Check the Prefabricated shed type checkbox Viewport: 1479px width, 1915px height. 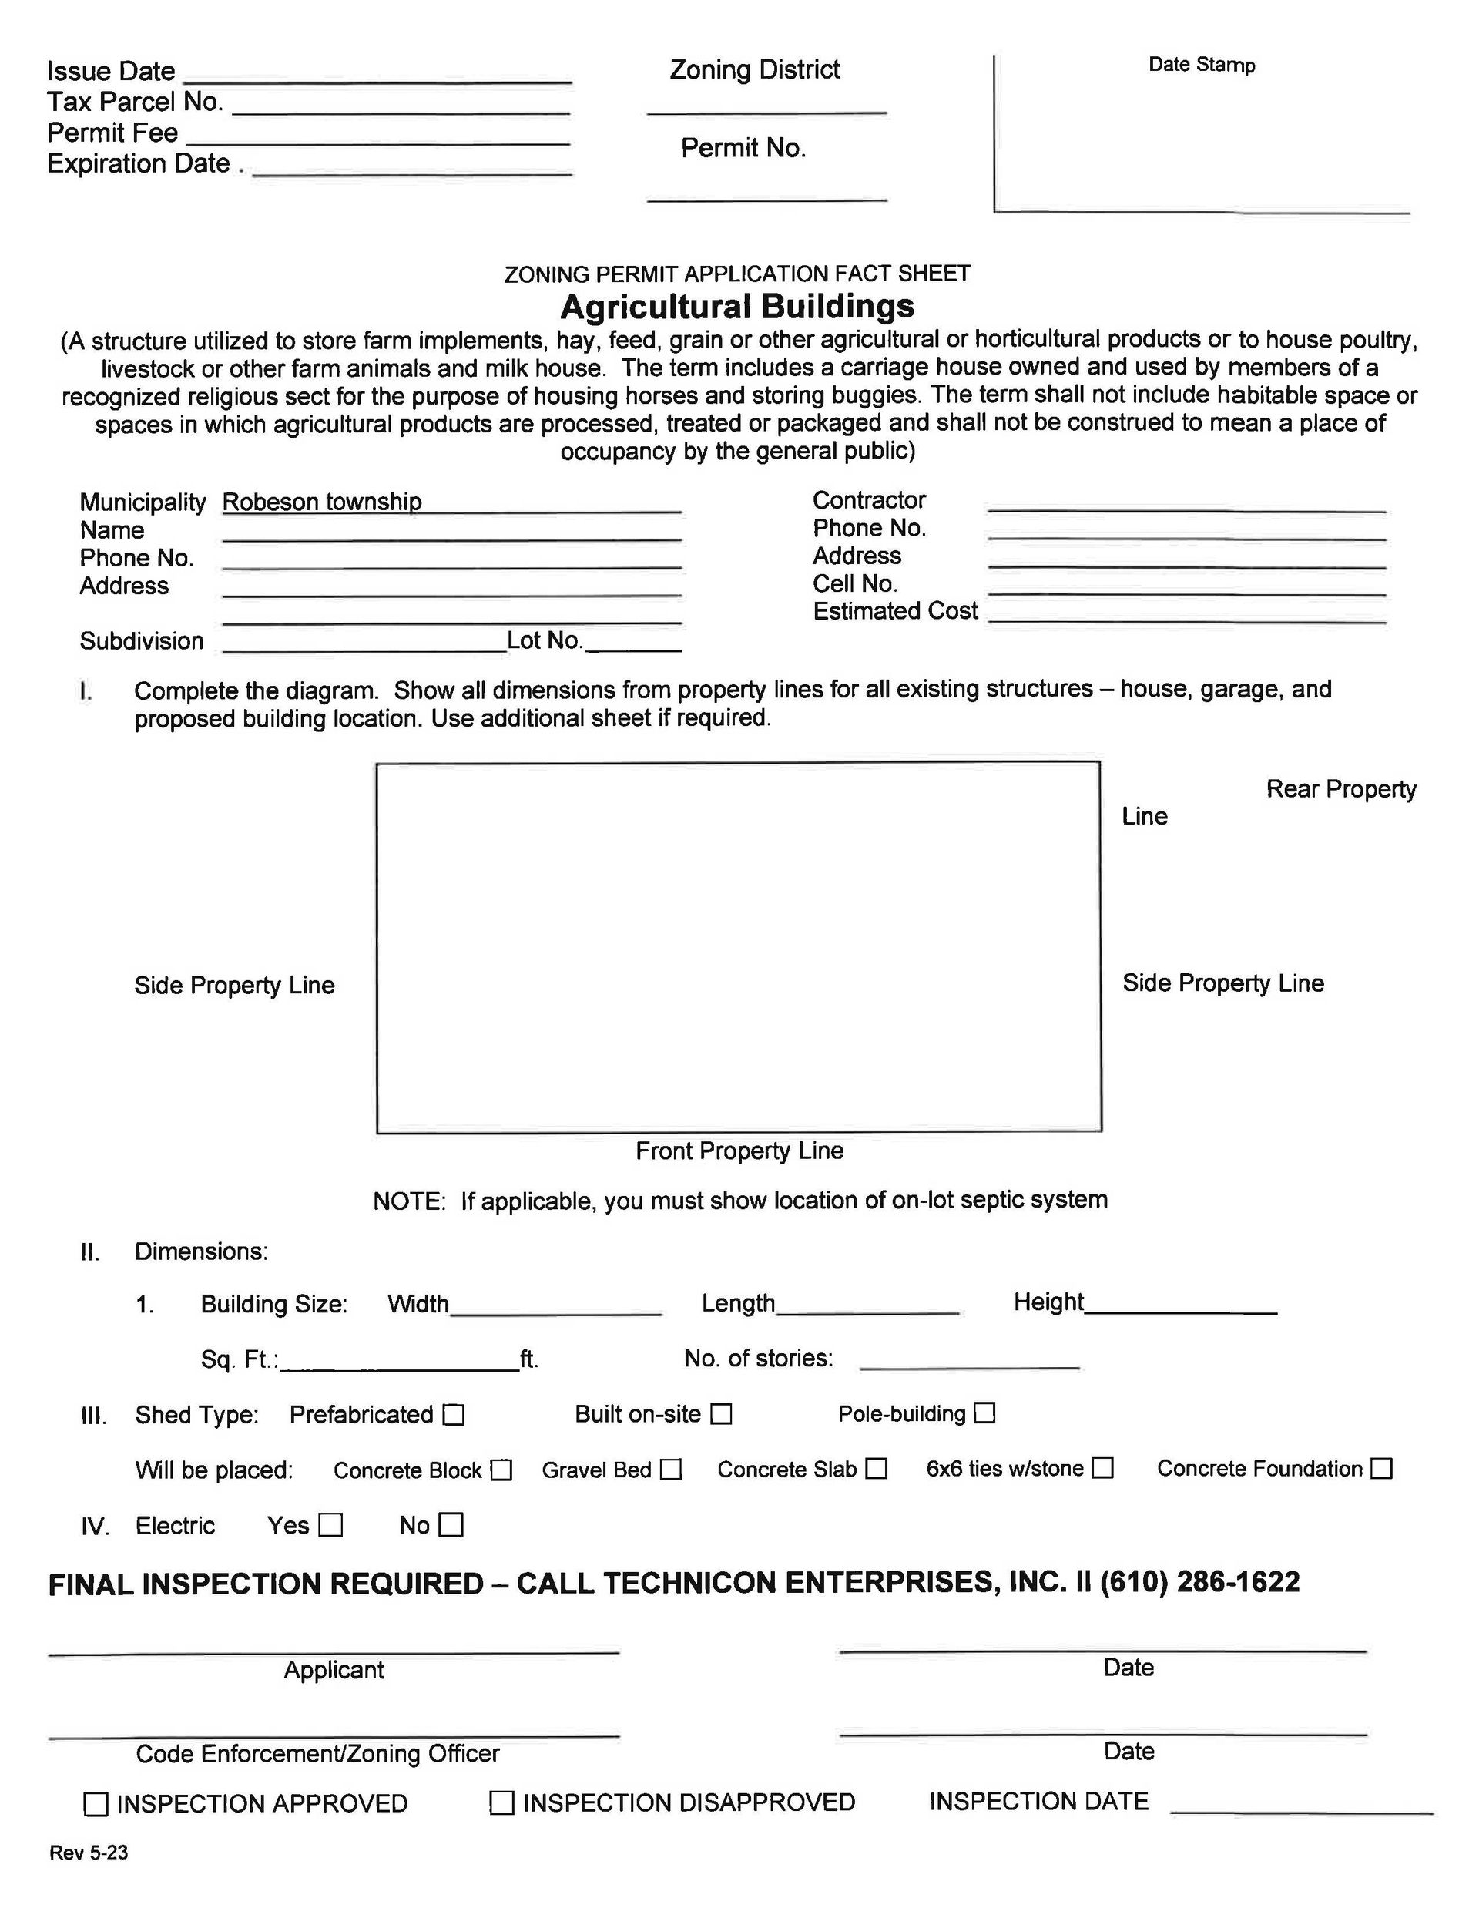453,1414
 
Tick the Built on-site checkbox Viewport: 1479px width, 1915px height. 721,1413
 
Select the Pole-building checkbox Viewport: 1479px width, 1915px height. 985,1413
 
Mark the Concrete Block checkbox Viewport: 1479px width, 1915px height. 501,1470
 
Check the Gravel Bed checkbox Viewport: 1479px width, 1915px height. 671,1469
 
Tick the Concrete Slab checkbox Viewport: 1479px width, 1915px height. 877,1468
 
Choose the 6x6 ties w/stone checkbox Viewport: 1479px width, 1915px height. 1103,1467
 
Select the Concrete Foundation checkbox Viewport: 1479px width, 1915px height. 1382,1468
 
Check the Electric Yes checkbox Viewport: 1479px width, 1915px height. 330,1526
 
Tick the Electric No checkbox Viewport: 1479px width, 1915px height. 451,1525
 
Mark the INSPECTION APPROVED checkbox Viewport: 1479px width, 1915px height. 96,1803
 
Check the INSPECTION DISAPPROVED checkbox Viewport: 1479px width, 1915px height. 501,1802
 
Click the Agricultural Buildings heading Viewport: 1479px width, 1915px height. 737,306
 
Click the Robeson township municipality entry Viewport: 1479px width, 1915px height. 322,502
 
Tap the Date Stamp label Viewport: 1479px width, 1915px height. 1201,65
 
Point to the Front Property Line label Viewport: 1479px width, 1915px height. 739,1151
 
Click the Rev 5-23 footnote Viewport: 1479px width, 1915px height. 89,1853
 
